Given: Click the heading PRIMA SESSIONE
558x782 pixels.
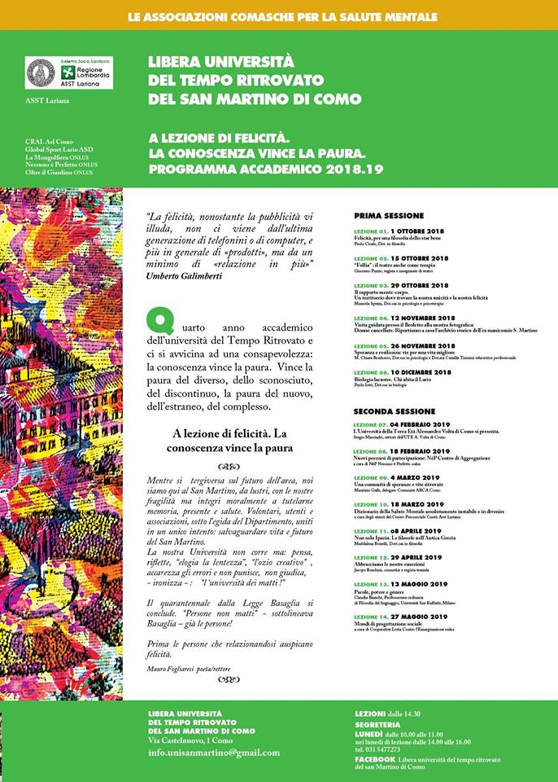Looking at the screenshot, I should pos(389,216).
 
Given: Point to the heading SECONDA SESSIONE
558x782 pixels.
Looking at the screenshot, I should pos(395,411).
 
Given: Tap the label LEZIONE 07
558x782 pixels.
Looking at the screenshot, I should pos(370,425).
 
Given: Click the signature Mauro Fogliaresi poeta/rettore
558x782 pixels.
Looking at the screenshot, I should pos(189,670).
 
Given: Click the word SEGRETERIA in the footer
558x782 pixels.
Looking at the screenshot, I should pos(377,724).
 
